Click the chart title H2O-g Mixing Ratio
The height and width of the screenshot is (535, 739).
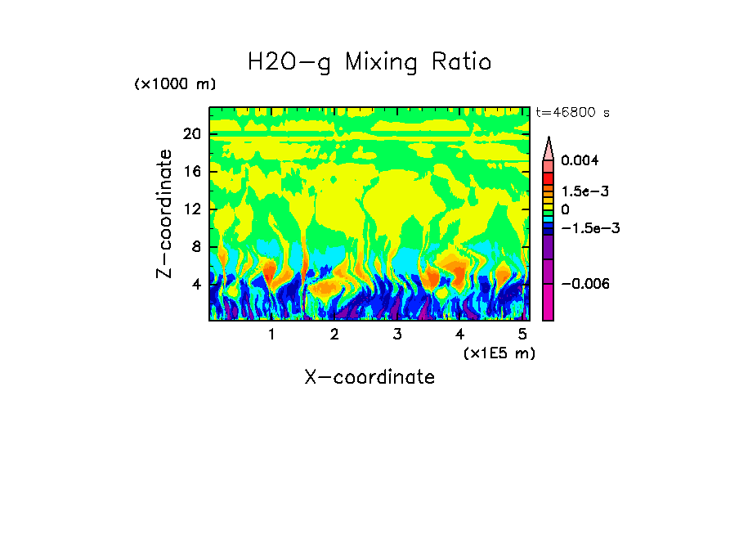(369, 62)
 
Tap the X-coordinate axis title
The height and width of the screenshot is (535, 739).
(369, 377)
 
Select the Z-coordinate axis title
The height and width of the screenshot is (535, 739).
(165, 214)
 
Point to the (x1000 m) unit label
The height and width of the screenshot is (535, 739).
(175, 84)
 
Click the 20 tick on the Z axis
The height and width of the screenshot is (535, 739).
(191, 134)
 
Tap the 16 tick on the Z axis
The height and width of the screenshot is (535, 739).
(191, 172)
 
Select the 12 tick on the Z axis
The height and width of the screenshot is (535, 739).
(191, 209)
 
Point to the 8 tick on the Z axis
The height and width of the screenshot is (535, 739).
(196, 246)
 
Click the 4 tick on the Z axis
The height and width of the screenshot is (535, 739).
(196, 284)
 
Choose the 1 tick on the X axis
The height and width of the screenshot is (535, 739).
(271, 335)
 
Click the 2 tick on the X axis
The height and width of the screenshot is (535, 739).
(334, 335)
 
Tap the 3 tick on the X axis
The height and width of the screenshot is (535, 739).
(397, 335)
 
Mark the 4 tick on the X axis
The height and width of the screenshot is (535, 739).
(460, 335)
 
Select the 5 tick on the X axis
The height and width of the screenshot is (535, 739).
(522, 335)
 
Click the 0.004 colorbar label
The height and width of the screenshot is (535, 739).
(580, 160)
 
